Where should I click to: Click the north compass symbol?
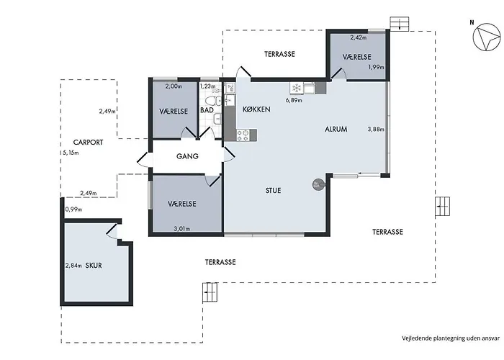click(x=487, y=37)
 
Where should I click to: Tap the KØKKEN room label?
click(x=256, y=109)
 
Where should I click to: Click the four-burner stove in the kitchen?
click(x=243, y=135)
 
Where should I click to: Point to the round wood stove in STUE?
click(x=318, y=185)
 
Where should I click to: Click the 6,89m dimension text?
click(x=294, y=100)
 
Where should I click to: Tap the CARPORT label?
click(x=88, y=142)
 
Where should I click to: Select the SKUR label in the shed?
click(x=94, y=266)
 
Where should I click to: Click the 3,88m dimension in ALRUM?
click(x=376, y=129)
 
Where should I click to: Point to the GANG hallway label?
click(x=187, y=156)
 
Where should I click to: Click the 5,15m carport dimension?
click(x=71, y=153)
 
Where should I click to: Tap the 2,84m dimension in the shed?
click(x=73, y=266)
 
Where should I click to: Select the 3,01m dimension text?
click(x=182, y=229)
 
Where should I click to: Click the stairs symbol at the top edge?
click(x=400, y=24)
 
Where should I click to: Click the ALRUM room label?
click(x=336, y=129)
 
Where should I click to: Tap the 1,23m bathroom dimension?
click(x=207, y=86)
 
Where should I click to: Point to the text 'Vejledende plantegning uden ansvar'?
click(x=451, y=338)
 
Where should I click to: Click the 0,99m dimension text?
click(x=73, y=210)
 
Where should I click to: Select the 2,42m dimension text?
click(x=359, y=37)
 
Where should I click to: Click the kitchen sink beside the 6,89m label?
click(x=310, y=88)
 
